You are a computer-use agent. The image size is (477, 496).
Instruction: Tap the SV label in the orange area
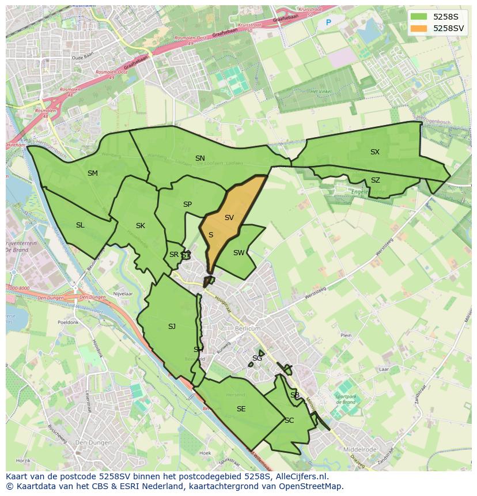(x=229, y=218)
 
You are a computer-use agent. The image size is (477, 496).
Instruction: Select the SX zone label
(x=375, y=152)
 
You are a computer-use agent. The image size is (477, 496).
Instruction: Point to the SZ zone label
(x=376, y=180)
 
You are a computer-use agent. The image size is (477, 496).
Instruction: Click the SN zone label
(x=200, y=158)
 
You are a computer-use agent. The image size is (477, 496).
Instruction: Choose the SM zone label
(x=93, y=173)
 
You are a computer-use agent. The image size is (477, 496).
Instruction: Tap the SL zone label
(x=80, y=225)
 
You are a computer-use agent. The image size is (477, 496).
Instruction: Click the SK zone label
(x=141, y=226)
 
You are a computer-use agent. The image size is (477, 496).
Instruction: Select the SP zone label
(x=187, y=205)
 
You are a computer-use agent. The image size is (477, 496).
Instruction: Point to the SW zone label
(x=238, y=253)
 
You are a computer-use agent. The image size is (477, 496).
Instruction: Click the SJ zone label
(x=172, y=327)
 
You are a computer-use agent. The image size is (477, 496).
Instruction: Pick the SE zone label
(x=241, y=409)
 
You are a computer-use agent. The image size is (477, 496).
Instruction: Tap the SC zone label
(x=289, y=421)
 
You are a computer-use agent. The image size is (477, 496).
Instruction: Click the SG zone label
(x=257, y=358)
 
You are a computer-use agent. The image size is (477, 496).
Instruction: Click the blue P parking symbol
(x=328, y=23)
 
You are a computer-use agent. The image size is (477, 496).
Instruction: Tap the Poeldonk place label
(x=68, y=323)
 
